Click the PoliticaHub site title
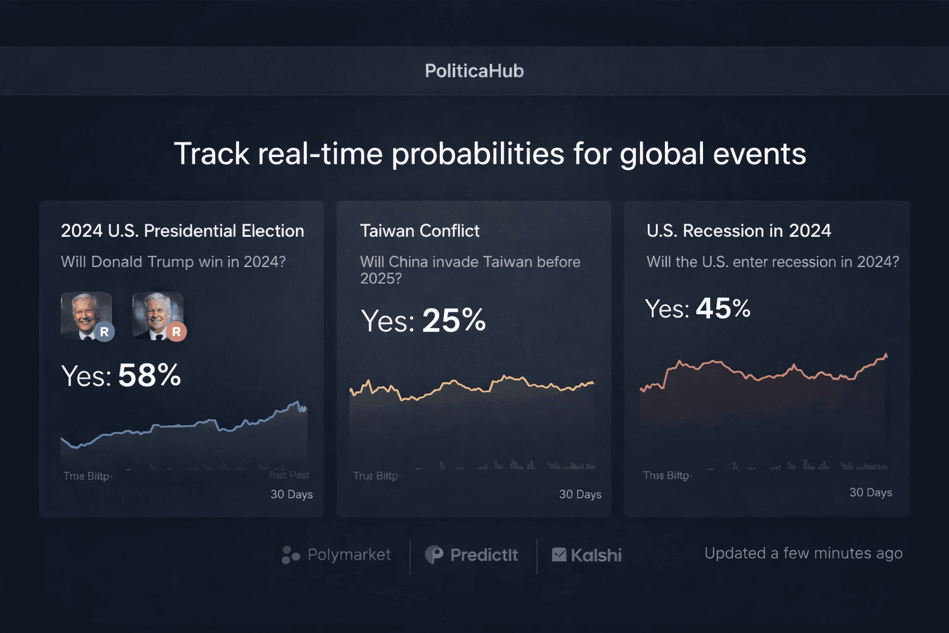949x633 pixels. coord(474,71)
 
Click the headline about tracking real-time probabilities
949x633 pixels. coord(489,153)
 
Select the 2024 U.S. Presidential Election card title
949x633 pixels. coord(182,231)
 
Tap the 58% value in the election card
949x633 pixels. coord(150,375)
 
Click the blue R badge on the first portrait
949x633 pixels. coord(104,332)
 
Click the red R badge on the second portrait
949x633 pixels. coord(176,332)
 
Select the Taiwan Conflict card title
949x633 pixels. coord(420,231)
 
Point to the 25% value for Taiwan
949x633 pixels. coord(454,321)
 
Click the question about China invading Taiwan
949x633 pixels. coord(470,270)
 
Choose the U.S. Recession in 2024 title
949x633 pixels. coord(738,231)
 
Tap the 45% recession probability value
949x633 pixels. coord(723,308)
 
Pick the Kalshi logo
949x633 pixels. coord(587,555)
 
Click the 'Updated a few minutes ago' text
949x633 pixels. coord(803,553)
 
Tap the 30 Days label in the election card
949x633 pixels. coord(292,495)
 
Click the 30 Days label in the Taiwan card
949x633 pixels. coord(580,495)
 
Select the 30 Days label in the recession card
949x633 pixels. coord(871,493)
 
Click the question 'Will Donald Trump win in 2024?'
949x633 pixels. coord(173,262)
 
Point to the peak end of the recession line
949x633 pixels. coord(886,355)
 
